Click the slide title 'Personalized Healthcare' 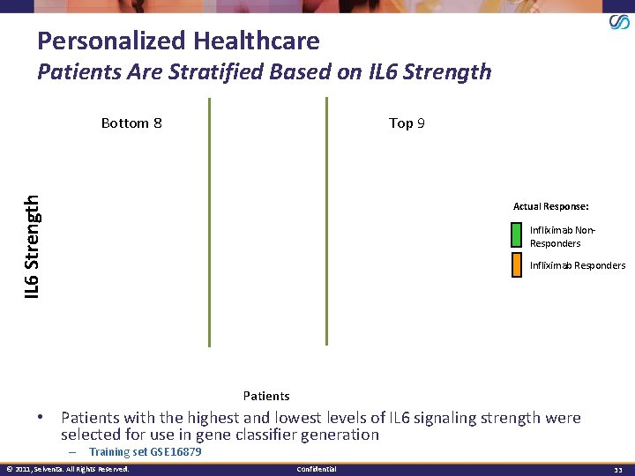[178, 41]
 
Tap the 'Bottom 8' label [131, 123]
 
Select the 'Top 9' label [407, 123]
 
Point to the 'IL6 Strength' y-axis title [32, 246]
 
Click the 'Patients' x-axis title [266, 396]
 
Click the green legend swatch [516, 235]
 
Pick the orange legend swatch [516, 265]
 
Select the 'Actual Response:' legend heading [550, 206]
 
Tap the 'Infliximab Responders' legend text [578, 265]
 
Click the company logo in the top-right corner [619, 22]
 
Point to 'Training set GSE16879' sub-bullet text [146, 452]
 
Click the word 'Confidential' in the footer [317, 469]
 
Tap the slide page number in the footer [618, 469]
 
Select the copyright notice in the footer [67, 469]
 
